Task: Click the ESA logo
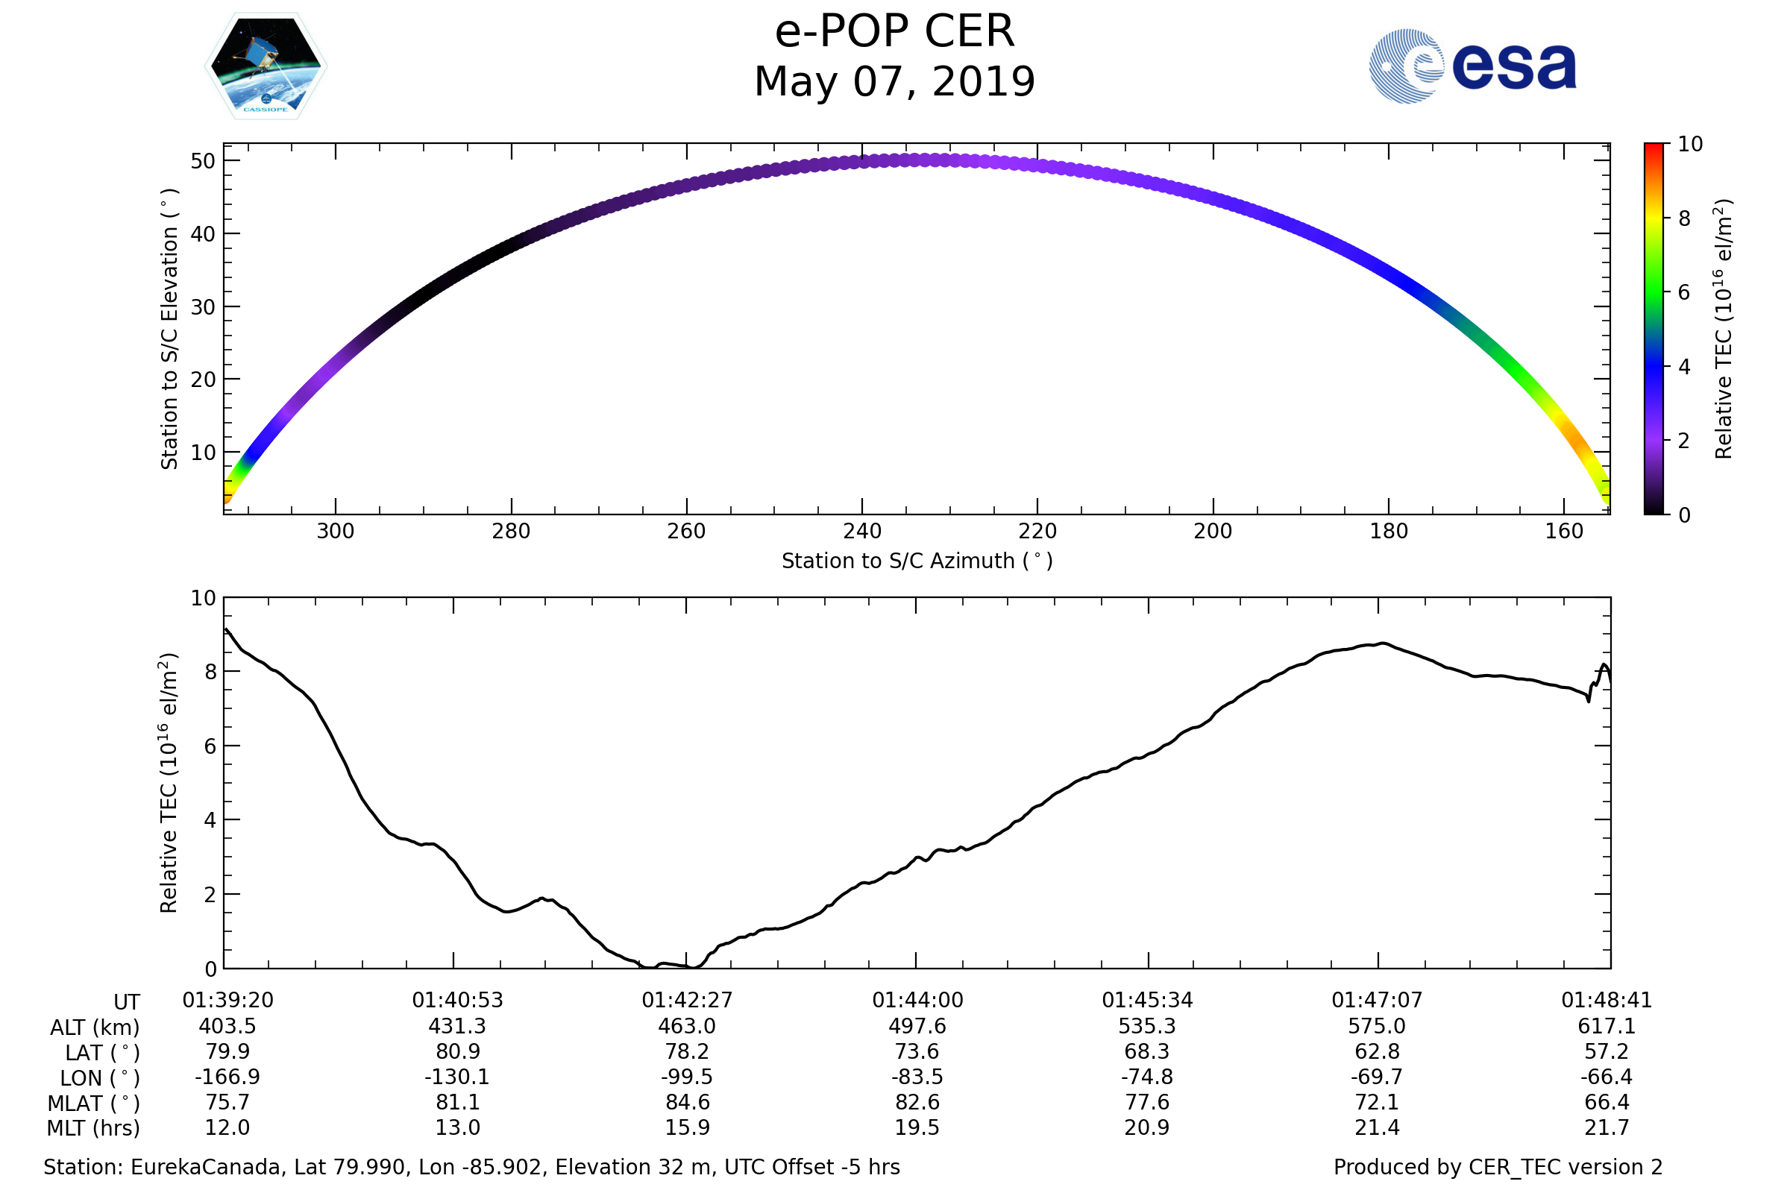[x=1472, y=66]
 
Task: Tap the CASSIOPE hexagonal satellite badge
[x=266, y=66]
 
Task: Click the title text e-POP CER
[x=894, y=32]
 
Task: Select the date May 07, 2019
[x=894, y=82]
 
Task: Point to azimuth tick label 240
[x=861, y=531]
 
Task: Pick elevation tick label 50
[x=202, y=161]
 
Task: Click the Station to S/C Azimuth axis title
[x=917, y=561]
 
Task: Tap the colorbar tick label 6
[x=1684, y=292]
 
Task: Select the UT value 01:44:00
[x=917, y=1001]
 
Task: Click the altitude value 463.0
[x=686, y=1027]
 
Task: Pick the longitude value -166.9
[x=227, y=1077]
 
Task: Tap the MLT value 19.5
[x=917, y=1127]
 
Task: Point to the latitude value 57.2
[x=1606, y=1051]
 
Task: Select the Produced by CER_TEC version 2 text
[x=1498, y=1167]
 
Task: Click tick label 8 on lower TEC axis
[x=210, y=672]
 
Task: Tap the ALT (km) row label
[x=95, y=1028]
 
